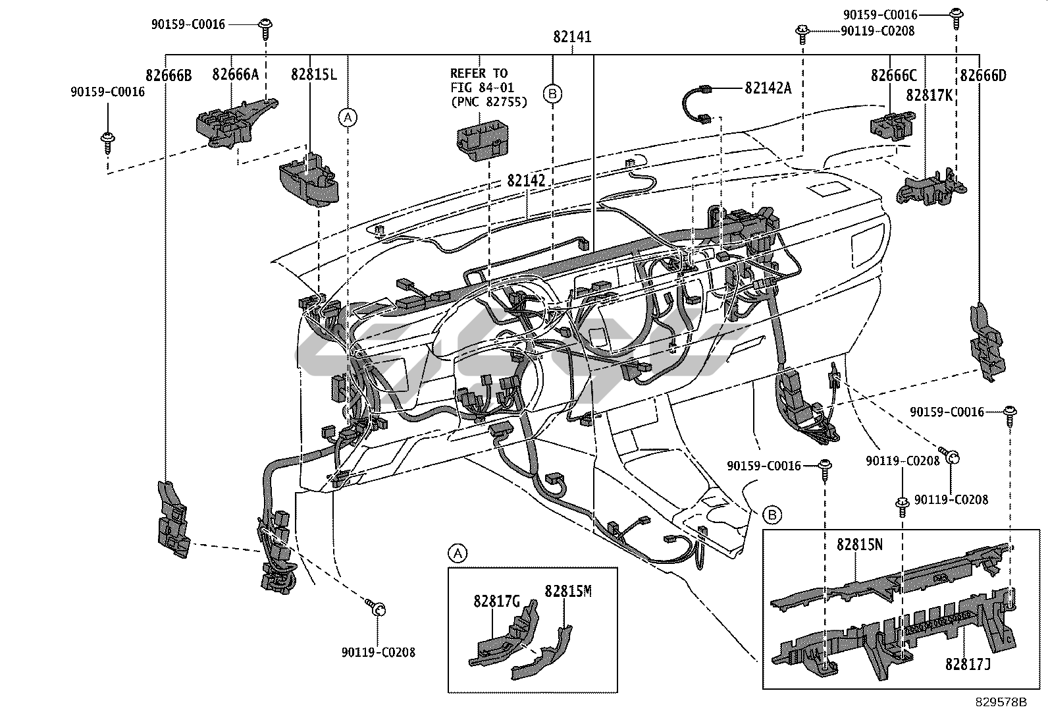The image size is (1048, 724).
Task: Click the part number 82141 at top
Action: [571, 38]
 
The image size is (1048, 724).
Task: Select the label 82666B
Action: [169, 76]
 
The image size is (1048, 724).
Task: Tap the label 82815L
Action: [313, 75]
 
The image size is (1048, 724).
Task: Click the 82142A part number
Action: [768, 88]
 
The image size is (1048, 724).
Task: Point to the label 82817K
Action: [929, 95]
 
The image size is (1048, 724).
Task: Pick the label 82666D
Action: [983, 76]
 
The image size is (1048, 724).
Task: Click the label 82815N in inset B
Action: [859, 545]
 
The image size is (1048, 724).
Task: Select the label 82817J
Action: [968, 665]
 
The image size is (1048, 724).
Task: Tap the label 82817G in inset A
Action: [496, 601]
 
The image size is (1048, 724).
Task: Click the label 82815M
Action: [568, 591]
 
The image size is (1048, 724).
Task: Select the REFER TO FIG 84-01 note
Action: [488, 88]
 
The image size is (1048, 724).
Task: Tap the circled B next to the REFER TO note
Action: [552, 95]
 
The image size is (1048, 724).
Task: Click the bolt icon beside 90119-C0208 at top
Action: [802, 30]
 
